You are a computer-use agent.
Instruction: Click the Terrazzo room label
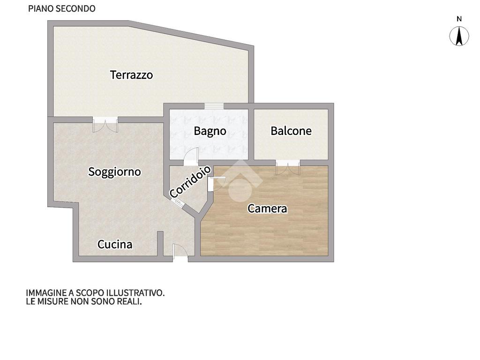pyautogui.click(x=131, y=75)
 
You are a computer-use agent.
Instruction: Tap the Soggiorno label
pyautogui.click(x=114, y=172)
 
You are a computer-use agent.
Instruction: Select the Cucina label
pyautogui.click(x=115, y=244)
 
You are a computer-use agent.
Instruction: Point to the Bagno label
pyautogui.click(x=210, y=131)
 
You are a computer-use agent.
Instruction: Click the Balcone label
pyautogui.click(x=291, y=131)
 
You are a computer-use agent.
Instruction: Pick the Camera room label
pyautogui.click(x=267, y=209)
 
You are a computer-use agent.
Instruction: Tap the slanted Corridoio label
pyautogui.click(x=190, y=182)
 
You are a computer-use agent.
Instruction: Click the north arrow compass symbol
pyautogui.click(x=459, y=36)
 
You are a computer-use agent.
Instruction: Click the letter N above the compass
pyautogui.click(x=459, y=19)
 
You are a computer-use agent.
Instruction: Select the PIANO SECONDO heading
pyautogui.click(x=61, y=8)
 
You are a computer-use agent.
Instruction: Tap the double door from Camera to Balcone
pyautogui.click(x=288, y=167)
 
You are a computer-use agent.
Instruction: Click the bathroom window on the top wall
pyautogui.click(x=214, y=106)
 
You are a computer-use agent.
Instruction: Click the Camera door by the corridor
pyautogui.click(x=217, y=184)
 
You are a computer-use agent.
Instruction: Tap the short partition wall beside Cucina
pyautogui.click(x=160, y=243)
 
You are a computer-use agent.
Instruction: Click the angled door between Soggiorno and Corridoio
pyautogui.click(x=177, y=202)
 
